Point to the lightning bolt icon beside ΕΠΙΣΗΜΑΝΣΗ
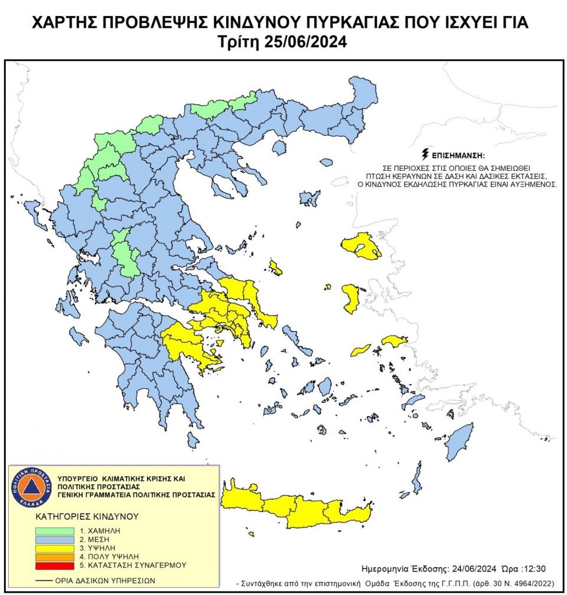424,155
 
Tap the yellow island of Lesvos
361,247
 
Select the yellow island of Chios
351,298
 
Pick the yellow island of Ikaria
360,350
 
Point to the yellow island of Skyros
275,267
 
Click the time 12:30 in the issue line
535,569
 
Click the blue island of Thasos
326,162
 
